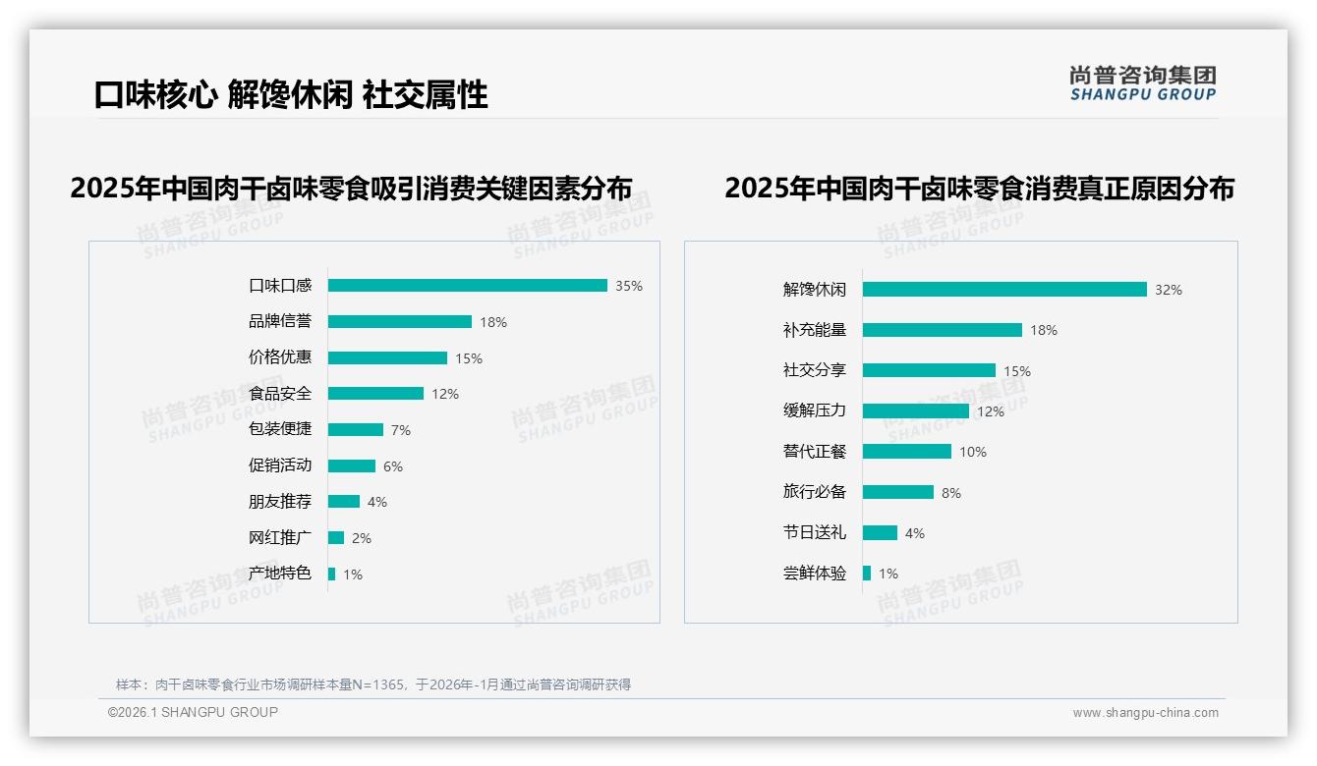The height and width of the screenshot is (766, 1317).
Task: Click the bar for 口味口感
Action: (467, 286)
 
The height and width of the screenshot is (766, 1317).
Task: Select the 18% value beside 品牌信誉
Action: (493, 322)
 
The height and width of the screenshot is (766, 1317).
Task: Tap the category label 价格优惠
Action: (280, 357)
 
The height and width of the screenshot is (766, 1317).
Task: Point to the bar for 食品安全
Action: (375, 394)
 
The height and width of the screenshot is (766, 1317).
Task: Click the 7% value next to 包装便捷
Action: (400, 430)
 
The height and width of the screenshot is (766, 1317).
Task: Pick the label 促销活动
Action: (280, 465)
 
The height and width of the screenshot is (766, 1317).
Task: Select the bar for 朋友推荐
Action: (344, 502)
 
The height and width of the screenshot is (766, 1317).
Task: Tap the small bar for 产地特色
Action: (332, 574)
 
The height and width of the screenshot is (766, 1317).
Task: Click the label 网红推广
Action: (280, 537)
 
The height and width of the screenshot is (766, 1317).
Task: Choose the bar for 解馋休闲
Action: (1004, 290)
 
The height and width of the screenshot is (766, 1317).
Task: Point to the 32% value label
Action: (1169, 290)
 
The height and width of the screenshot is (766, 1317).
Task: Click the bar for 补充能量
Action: (943, 330)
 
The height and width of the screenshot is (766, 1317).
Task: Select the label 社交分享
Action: (815, 370)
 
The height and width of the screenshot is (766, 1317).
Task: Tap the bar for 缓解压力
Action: (916, 410)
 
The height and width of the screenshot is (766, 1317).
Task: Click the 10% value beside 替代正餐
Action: (973, 452)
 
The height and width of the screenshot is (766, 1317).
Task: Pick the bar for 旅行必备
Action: (898, 492)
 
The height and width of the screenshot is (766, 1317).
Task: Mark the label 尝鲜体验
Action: (815, 573)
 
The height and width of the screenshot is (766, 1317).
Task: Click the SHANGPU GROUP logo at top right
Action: (1143, 83)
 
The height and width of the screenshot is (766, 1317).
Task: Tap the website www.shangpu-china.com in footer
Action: (1145, 713)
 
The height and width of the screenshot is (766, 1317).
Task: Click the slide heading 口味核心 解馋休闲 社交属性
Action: (291, 95)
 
